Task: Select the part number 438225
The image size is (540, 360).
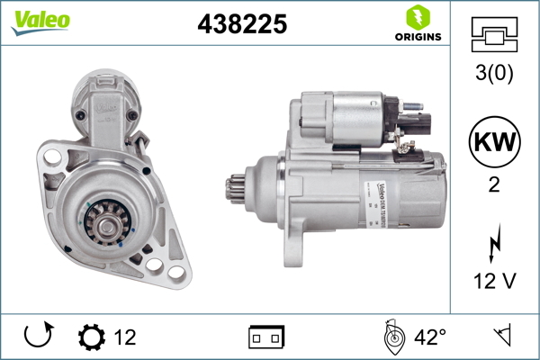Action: [x=241, y=25]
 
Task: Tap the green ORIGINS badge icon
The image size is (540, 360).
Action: [x=416, y=16]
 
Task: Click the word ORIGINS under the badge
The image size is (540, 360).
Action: [x=416, y=37]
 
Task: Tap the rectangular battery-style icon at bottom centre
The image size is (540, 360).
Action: [x=265, y=337]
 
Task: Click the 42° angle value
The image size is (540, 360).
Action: [x=430, y=337]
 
